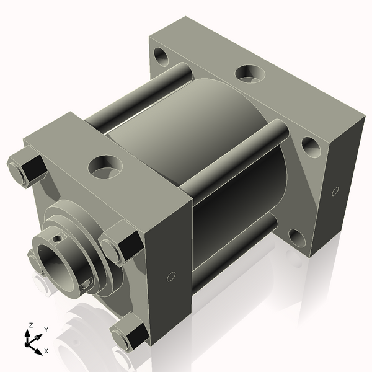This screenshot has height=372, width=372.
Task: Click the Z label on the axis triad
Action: pyautogui.click(x=30, y=325)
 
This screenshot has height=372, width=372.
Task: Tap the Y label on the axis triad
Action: pyautogui.click(x=46, y=329)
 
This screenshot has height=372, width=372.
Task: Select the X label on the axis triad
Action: pyautogui.click(x=46, y=352)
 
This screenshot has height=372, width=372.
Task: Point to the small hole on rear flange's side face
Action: pyautogui.click(x=335, y=190)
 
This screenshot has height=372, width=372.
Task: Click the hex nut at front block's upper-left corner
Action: pyautogui.click(x=26, y=169)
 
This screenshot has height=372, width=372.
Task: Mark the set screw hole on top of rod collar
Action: pyautogui.click(x=58, y=237)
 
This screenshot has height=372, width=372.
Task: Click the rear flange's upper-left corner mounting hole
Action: pyautogui.click(x=162, y=58)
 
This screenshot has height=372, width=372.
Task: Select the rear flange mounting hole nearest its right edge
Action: pyautogui.click(x=311, y=148)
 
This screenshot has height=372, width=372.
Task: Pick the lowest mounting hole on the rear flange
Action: pyautogui.click(x=296, y=237)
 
